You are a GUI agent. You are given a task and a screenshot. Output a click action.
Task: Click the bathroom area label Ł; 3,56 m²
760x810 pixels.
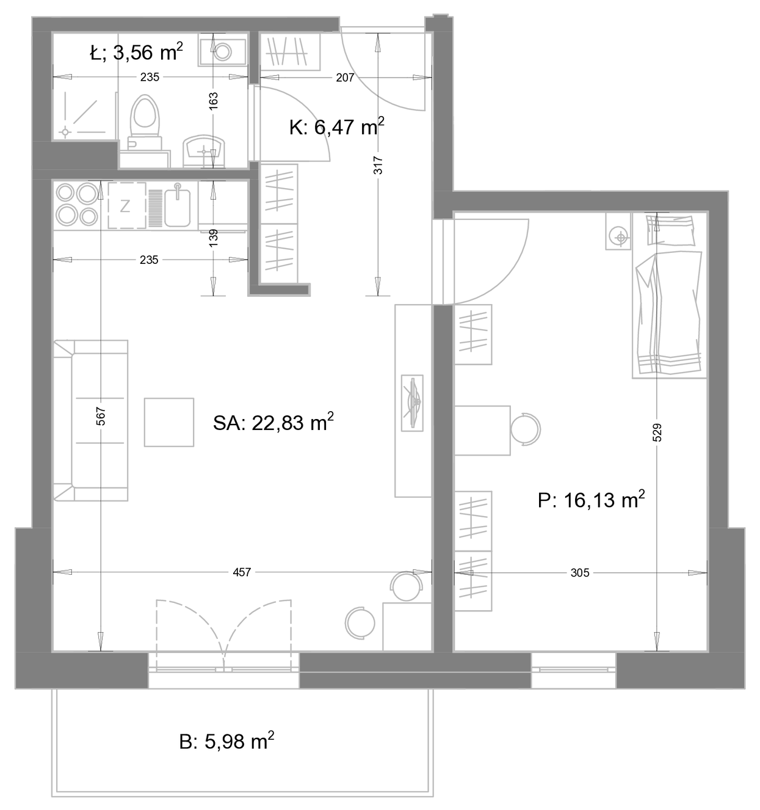pos(136,52)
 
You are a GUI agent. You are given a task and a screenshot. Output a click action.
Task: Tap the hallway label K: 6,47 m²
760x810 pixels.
pos(337,126)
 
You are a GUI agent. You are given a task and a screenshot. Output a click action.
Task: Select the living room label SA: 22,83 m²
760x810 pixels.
pos(273,423)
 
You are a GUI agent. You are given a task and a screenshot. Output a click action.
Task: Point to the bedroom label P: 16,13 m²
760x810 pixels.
pos(591,499)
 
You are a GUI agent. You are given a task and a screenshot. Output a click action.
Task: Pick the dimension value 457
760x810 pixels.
pos(242,572)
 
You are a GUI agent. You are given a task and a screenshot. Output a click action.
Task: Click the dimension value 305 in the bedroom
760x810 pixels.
pos(580,573)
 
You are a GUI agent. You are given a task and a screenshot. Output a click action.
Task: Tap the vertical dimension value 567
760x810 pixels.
pos(101,416)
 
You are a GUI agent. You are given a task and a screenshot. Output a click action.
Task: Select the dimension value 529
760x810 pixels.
pos(657,432)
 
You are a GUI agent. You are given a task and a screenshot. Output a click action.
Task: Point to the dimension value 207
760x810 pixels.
pos(345,78)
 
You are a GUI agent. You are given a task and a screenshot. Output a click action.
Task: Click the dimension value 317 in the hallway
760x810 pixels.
pos(378,165)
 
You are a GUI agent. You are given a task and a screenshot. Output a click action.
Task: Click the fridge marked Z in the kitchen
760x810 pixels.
pos(127,206)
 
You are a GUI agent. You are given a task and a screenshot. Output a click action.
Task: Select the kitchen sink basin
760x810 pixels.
pos(178,208)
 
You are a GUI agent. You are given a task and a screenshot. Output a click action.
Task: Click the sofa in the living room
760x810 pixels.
pos(90,420)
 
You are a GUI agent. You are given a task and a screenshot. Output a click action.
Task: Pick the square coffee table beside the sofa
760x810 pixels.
pos(169,422)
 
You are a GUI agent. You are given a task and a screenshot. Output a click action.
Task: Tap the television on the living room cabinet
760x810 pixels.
pos(412,403)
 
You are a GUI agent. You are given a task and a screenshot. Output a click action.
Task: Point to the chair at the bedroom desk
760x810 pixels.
pos(525,429)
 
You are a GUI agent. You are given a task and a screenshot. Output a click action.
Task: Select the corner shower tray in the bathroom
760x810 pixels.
pos(84,115)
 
